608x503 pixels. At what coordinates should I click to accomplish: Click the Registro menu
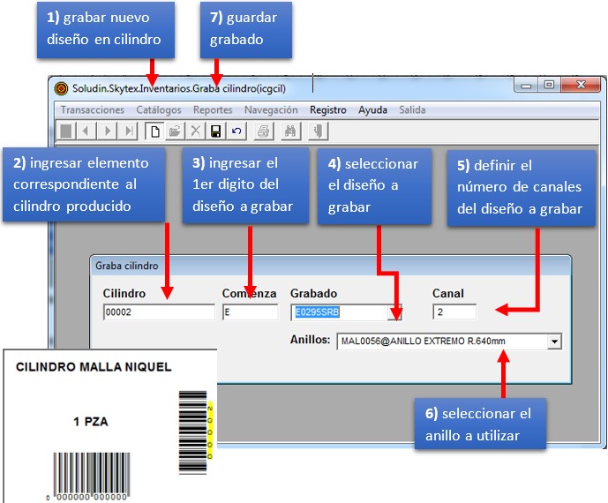pos(327,110)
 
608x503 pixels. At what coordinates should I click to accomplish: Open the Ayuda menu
pos(372,110)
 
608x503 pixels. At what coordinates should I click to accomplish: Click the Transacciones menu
pos(92,110)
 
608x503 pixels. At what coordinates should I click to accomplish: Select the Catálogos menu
pos(159,110)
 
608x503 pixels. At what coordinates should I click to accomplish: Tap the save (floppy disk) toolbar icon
pos(215,131)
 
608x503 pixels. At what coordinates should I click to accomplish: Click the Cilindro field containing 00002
pos(158,312)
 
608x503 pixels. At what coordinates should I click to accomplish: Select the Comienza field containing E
pos(250,312)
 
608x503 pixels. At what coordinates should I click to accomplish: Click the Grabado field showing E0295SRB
pos(339,312)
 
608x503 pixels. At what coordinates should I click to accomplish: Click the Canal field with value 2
pos(454,312)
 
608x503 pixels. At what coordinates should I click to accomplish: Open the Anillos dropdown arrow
pos(554,342)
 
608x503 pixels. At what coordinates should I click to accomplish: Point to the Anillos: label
pos(310,341)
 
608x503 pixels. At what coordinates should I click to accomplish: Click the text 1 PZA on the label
pos(91,422)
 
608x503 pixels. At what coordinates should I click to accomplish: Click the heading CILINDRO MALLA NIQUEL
pos(94,367)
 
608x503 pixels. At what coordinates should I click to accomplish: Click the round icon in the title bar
pos(62,87)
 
